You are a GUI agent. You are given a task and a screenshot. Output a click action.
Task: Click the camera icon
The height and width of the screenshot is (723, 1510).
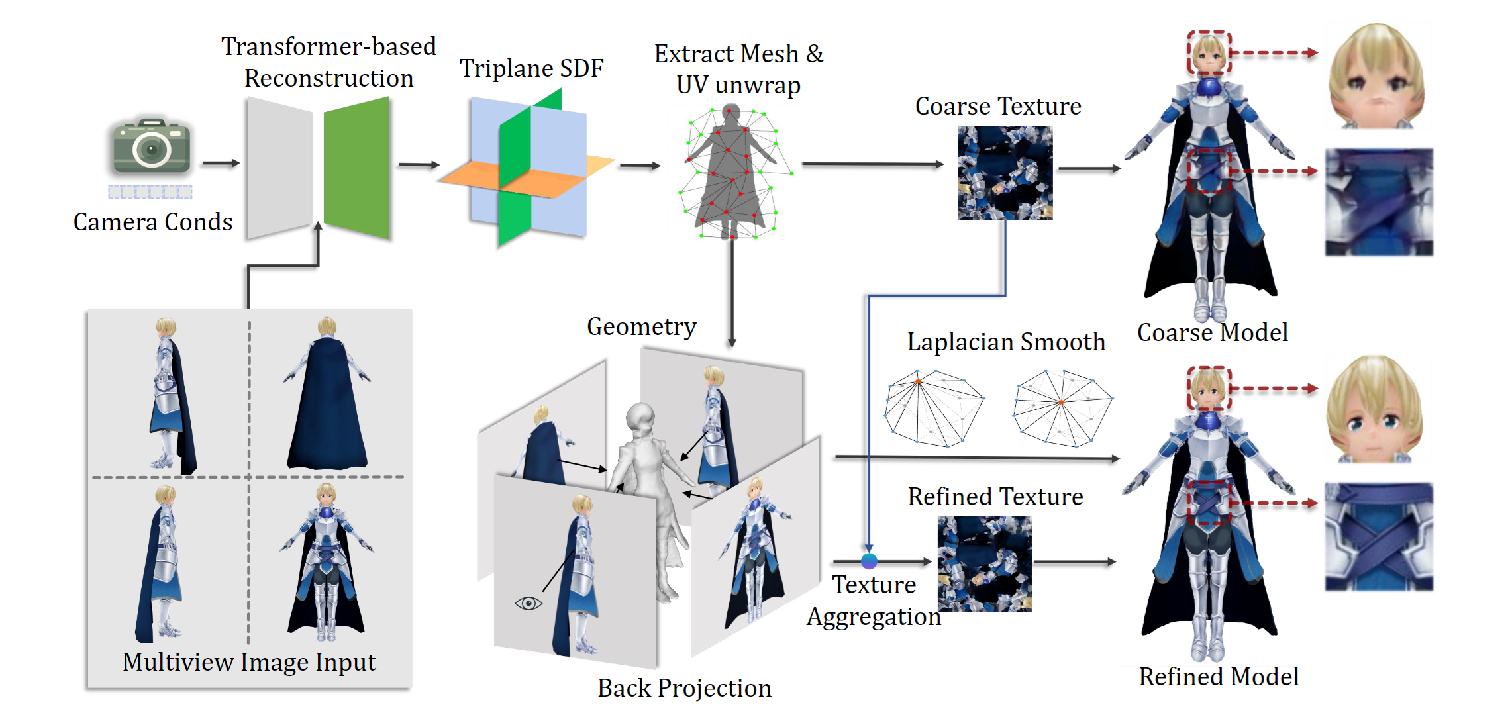tap(152, 146)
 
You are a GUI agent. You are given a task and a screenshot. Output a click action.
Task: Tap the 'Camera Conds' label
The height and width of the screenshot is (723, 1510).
tap(153, 222)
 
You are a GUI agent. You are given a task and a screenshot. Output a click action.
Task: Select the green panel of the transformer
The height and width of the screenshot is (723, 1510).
tap(357, 167)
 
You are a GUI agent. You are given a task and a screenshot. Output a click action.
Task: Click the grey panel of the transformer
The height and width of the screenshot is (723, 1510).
tap(279, 168)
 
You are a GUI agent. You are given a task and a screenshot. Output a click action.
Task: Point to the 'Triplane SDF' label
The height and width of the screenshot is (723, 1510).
tap(532, 68)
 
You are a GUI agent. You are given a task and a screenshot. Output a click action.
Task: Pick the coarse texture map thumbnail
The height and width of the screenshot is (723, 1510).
tap(1005, 173)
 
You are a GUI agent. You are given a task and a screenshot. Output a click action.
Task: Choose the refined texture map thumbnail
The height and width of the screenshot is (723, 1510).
tap(984, 563)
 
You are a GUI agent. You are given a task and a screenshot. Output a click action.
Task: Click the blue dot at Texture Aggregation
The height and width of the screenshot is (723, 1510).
tap(869, 561)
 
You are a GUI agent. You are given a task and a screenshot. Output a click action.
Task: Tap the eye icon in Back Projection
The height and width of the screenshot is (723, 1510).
tap(528, 603)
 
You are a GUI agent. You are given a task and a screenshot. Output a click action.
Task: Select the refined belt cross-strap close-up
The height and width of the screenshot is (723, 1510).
tap(1379, 537)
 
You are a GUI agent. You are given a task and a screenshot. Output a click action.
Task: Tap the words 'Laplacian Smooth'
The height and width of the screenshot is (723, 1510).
tap(1006, 342)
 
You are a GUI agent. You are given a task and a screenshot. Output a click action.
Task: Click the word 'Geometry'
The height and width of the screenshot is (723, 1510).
tap(641, 327)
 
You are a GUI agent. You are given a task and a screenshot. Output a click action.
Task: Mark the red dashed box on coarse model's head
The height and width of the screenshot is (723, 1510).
tap(1209, 52)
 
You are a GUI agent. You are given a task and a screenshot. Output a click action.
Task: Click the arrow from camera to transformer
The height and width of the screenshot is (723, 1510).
tap(221, 163)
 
